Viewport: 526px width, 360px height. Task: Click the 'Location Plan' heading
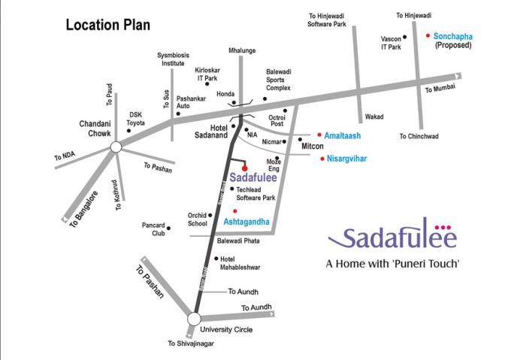coord(107,25)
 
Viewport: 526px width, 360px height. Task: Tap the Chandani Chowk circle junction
coord(115,147)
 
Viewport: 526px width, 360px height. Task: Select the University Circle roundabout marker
coord(194,318)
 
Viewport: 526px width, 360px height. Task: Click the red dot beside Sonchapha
coord(428,35)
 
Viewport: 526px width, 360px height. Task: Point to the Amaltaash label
coord(342,135)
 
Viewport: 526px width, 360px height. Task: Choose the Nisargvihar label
coord(346,159)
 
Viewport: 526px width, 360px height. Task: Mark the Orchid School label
coord(197,219)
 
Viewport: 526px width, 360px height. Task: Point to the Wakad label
coord(374,117)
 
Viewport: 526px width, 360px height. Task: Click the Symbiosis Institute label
coord(171,59)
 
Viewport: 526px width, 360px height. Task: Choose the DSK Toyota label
coord(136,118)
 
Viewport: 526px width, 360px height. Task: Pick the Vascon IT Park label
coord(391,43)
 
